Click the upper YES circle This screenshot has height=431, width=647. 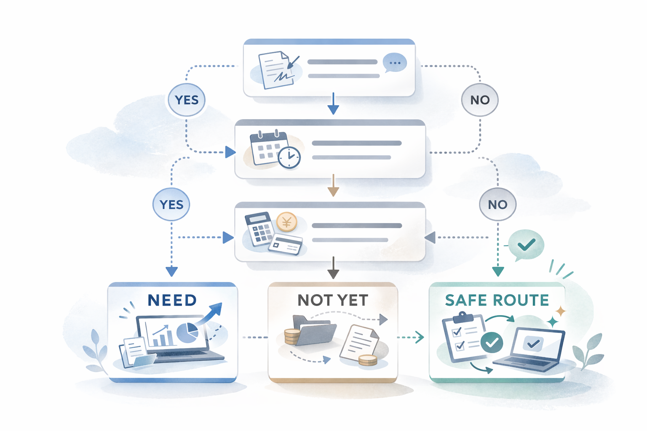click(x=186, y=100)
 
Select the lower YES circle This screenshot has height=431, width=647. click(x=171, y=204)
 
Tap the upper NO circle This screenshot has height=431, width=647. click(x=480, y=100)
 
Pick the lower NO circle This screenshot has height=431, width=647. click(x=497, y=205)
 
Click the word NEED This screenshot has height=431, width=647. click(x=172, y=300)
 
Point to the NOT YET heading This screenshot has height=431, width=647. click(x=333, y=300)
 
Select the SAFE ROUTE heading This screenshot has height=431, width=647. click(x=497, y=300)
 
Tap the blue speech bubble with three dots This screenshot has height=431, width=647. click(x=395, y=63)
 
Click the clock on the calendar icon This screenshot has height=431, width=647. click(x=289, y=157)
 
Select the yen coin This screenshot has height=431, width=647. click(x=287, y=222)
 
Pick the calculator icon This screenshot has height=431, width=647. click(x=259, y=229)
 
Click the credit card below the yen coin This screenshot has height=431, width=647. click(x=286, y=245)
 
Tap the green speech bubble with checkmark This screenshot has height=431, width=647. click(x=526, y=244)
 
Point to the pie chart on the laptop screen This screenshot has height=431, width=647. click(x=187, y=333)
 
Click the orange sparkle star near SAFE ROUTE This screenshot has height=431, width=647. click(x=561, y=311)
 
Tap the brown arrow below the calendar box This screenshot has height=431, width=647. click(x=333, y=186)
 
